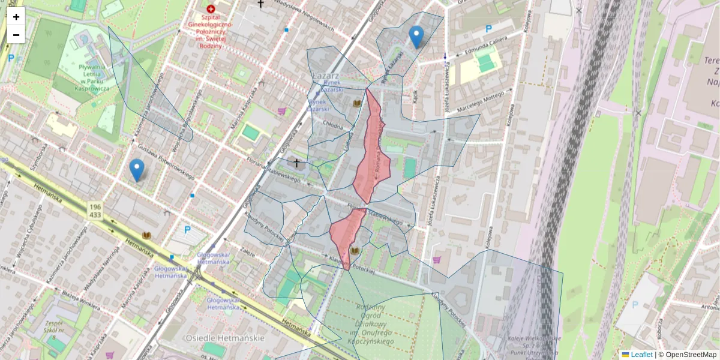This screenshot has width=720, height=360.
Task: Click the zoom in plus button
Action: (16, 17)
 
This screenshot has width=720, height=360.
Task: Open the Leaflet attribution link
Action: (641, 355)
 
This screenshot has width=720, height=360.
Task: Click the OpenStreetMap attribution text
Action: (691, 355)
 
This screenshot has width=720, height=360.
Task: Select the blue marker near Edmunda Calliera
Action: (416, 37)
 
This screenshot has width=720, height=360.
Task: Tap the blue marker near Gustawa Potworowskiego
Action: (137, 170)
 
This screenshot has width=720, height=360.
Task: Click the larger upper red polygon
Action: (371, 150)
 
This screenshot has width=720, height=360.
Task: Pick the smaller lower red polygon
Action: (347, 234)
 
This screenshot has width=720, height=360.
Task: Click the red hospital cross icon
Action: (210, 9)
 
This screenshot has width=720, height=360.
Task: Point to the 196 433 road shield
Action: (95, 210)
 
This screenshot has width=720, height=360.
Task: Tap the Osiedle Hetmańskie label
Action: (225, 338)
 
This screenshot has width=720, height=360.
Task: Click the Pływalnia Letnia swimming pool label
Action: (91, 77)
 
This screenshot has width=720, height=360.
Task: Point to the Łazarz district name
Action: (326, 76)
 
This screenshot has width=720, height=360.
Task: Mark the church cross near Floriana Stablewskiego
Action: (295, 162)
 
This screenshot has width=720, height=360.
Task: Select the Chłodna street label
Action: (333, 127)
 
